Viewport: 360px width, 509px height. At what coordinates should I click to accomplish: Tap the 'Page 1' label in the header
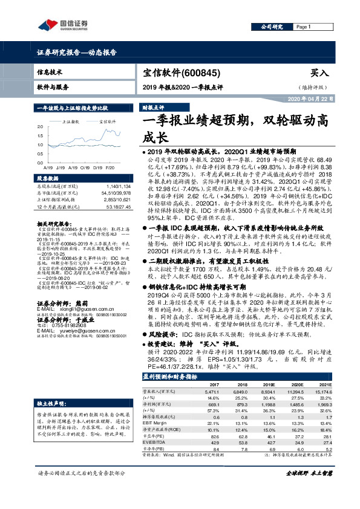(x=303, y=27)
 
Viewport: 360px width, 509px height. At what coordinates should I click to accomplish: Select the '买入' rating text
(x=318, y=73)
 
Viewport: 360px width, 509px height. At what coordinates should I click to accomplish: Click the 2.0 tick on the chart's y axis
(x=40, y=128)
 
